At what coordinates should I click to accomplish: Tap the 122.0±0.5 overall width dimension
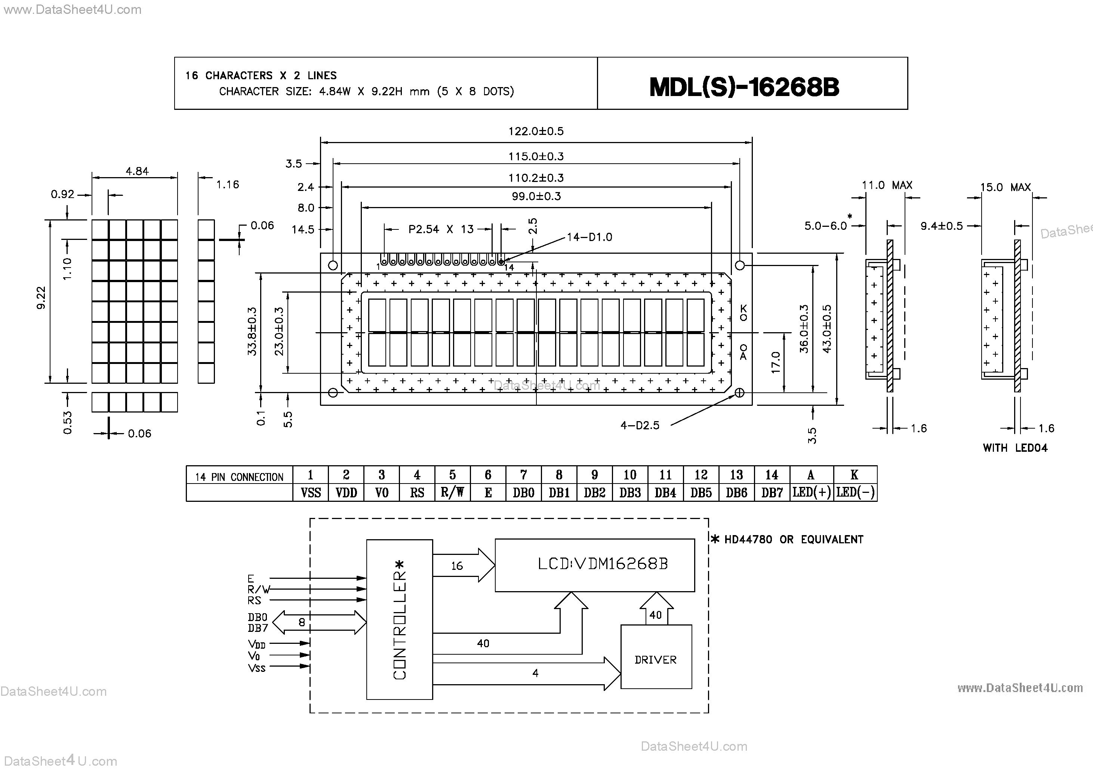536,131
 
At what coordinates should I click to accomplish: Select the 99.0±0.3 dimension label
536,196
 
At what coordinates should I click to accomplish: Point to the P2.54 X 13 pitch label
441,229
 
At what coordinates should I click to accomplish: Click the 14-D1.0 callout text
589,237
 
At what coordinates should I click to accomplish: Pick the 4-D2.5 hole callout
640,425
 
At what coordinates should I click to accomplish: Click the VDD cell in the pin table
346,492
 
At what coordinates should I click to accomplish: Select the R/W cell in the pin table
452,492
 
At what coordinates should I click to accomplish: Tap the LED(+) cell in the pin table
811,492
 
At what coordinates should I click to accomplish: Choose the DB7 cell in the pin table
772,492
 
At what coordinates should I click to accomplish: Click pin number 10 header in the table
630,475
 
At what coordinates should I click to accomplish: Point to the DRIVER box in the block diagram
656,659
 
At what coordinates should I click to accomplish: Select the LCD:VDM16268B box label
602,564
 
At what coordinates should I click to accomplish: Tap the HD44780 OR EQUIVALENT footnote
792,539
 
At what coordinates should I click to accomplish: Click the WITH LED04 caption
1015,448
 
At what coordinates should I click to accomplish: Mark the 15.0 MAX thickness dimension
1005,187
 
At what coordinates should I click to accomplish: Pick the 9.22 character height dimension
41,297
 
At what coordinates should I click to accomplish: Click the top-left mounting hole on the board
333,265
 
